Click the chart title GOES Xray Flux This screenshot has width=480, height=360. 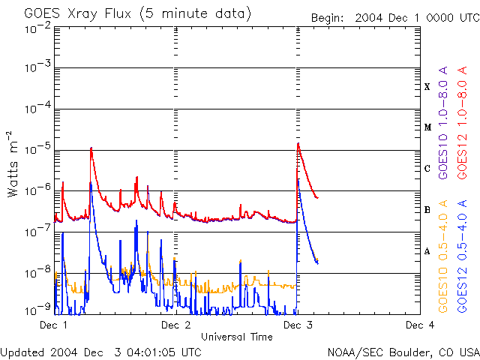[137, 14]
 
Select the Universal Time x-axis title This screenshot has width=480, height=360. [236, 337]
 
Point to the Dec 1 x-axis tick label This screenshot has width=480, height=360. [54, 325]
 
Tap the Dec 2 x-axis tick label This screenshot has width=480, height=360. [175, 325]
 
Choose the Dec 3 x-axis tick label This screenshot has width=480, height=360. [298, 325]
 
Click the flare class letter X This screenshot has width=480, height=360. [427, 87]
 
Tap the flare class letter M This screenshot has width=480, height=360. [427, 127]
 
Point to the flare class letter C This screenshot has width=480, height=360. [427, 169]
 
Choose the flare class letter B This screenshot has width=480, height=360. [427, 210]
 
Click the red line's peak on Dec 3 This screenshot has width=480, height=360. [298, 143]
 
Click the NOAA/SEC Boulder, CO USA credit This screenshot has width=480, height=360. [403, 352]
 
